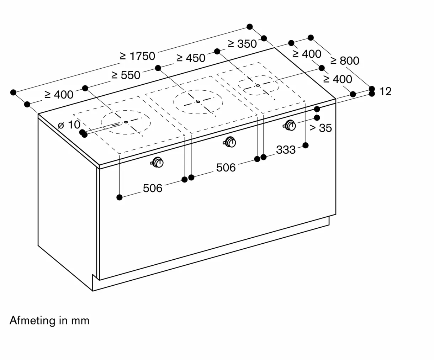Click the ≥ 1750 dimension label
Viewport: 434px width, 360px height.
137,56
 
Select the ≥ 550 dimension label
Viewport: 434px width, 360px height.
126,75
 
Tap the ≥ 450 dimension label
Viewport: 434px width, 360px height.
191,58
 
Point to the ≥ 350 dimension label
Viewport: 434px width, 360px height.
242,44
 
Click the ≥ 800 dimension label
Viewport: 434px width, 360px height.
345,61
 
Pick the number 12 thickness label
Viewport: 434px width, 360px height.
385,91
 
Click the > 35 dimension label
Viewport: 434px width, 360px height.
321,128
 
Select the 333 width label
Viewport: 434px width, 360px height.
286,150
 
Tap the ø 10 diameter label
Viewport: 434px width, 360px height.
69,125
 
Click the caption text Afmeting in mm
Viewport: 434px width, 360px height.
49,320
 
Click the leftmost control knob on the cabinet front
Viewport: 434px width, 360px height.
157,162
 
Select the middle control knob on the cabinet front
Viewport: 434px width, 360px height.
230,142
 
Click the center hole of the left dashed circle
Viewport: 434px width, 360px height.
126,122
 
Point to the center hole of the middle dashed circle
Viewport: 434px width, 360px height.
198,102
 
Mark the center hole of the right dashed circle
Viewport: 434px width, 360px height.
258,85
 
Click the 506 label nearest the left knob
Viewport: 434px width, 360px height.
153,188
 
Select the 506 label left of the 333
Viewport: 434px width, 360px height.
226,168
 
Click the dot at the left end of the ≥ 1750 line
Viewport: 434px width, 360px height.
13,92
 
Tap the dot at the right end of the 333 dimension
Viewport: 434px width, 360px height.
306,145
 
